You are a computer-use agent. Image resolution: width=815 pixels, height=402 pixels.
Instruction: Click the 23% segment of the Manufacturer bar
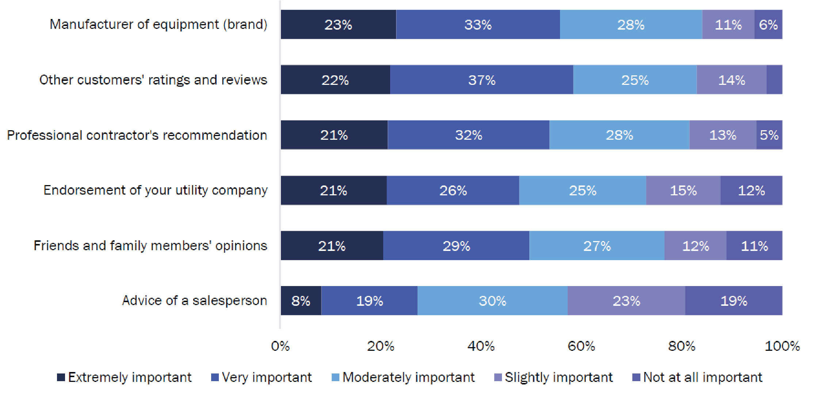pyautogui.click(x=338, y=25)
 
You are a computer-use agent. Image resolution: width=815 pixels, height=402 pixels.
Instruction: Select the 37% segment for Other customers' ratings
pyautogui.click(x=481, y=80)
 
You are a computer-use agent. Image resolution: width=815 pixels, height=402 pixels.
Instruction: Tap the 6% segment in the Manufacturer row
pyautogui.click(x=768, y=25)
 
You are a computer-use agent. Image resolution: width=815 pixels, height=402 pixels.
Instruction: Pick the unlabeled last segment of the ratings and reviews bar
pyautogui.click(x=774, y=80)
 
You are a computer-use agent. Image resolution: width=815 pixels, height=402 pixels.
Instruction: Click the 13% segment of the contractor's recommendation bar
pyautogui.click(x=723, y=135)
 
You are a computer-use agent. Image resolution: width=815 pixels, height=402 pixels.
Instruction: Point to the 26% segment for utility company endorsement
pyautogui.click(x=453, y=190)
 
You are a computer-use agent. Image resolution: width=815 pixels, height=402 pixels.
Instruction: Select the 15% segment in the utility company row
pyautogui.click(x=683, y=190)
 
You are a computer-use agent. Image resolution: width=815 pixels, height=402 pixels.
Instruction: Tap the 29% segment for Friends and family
pyautogui.click(x=456, y=245)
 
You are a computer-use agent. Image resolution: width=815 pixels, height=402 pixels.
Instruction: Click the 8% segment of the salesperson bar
pyautogui.click(x=301, y=301)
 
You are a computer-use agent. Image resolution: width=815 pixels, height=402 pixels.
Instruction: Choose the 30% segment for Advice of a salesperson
pyautogui.click(x=492, y=301)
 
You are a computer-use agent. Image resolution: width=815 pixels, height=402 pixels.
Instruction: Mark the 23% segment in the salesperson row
pyautogui.click(x=626, y=301)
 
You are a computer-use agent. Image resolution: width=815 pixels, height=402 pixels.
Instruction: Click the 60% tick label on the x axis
pyautogui.click(x=581, y=346)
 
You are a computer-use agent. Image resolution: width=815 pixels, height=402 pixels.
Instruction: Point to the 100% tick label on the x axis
pyautogui.click(x=782, y=346)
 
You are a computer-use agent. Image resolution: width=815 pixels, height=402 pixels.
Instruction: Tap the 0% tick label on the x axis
pyautogui.click(x=280, y=346)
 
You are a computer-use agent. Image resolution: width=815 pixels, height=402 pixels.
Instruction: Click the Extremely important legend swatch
pyautogui.click(x=61, y=377)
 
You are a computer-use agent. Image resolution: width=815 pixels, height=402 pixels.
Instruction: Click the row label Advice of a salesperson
pyautogui.click(x=194, y=300)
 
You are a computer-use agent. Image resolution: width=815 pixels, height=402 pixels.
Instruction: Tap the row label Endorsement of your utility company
pyautogui.click(x=155, y=190)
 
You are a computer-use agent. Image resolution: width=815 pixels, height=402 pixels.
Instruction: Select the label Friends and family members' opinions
pyautogui.click(x=150, y=245)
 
